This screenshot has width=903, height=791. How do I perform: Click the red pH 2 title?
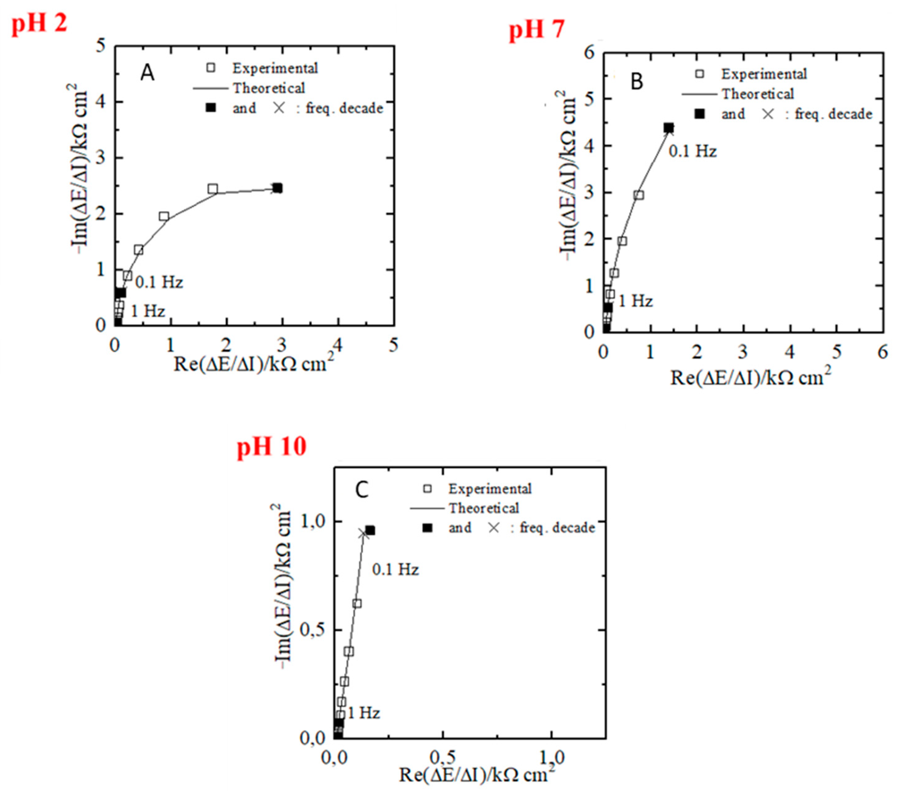pyautogui.click(x=39, y=23)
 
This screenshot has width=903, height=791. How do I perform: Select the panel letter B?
pyautogui.click(x=636, y=82)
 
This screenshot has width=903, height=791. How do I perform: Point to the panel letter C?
pyautogui.click(x=362, y=490)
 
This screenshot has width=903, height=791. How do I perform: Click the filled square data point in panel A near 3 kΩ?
pyautogui.click(x=277, y=188)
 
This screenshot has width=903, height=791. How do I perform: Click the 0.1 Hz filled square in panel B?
pyautogui.click(x=668, y=128)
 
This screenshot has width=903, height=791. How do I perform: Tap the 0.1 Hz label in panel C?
pyautogui.click(x=395, y=569)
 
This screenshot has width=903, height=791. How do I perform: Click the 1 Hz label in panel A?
pyautogui.click(x=148, y=311)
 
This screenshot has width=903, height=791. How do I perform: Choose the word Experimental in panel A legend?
pyautogui.click(x=275, y=68)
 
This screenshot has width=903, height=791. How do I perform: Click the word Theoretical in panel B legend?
pyautogui.click(x=758, y=94)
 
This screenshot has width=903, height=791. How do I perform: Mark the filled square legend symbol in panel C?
pyautogui.click(x=427, y=528)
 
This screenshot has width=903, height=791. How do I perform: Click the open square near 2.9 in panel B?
pyautogui.click(x=639, y=195)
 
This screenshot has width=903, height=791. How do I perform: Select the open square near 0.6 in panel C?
pyautogui.click(x=357, y=603)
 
